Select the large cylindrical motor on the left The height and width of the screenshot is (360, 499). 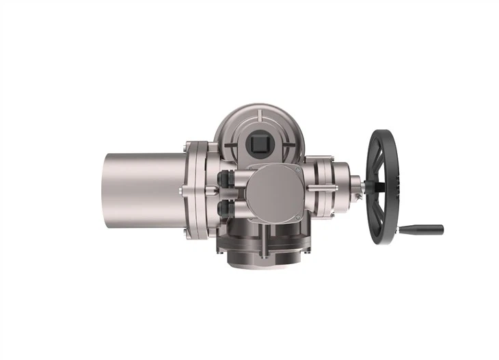point(144,187)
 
